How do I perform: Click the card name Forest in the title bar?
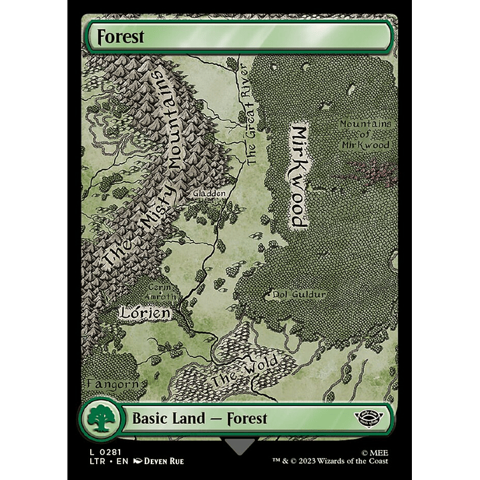pyautogui.click(x=121, y=37)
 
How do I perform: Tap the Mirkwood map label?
pyautogui.click(x=298, y=177)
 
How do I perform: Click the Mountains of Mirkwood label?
pyautogui.click(x=365, y=134)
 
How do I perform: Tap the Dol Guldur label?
pyautogui.click(x=300, y=294)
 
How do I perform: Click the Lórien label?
pyautogui.click(x=146, y=312)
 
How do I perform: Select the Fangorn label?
pyautogui.click(x=113, y=385)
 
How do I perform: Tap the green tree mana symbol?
pyautogui.click(x=101, y=419)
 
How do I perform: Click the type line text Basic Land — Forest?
pyautogui.click(x=200, y=419)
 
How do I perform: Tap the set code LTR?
pyautogui.click(x=97, y=461)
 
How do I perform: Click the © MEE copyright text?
pyautogui.click(x=375, y=452)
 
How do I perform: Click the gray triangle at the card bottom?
pyautogui.click(x=240, y=446)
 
